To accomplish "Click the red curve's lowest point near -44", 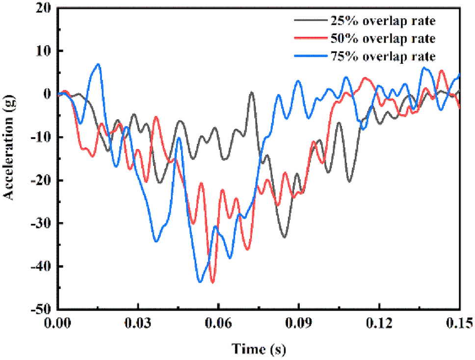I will pyautogui.click(x=212, y=283).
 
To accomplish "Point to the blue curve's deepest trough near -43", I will pyautogui.click(x=200, y=282).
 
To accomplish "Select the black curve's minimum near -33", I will pyautogui.click(x=284, y=237).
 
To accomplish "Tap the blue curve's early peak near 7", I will pyautogui.click(x=99, y=64).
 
